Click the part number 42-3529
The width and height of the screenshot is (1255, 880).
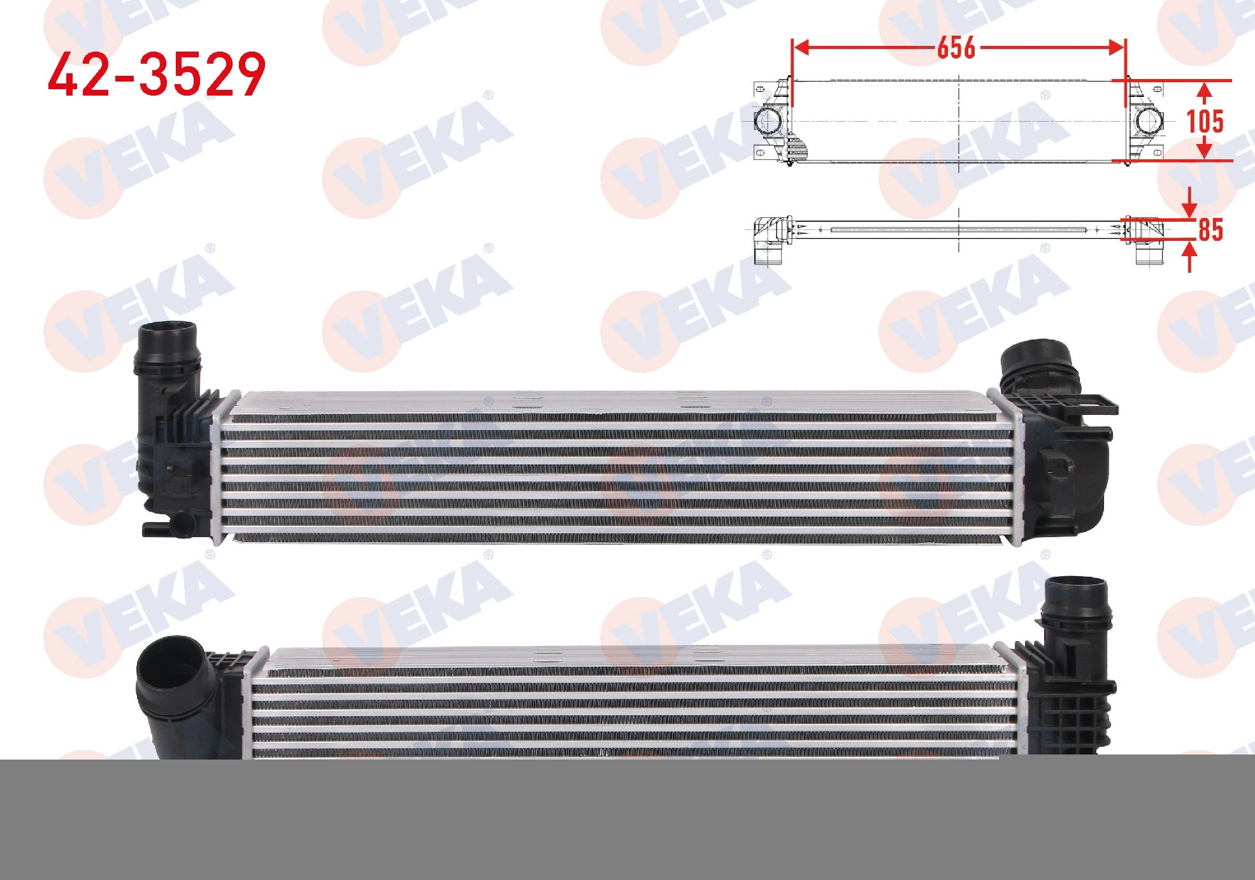pyautogui.click(x=157, y=75)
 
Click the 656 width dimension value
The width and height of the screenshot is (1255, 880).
pyautogui.click(x=956, y=47)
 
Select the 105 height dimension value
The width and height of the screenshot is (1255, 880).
pyautogui.click(x=1205, y=121)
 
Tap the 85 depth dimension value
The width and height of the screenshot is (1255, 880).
pyautogui.click(x=1210, y=230)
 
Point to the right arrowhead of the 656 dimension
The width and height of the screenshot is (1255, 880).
pyautogui.click(x=1116, y=47)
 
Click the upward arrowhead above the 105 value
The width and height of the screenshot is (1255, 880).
pyautogui.click(x=1203, y=92)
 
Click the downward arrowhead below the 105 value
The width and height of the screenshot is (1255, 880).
pyautogui.click(x=1203, y=150)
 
